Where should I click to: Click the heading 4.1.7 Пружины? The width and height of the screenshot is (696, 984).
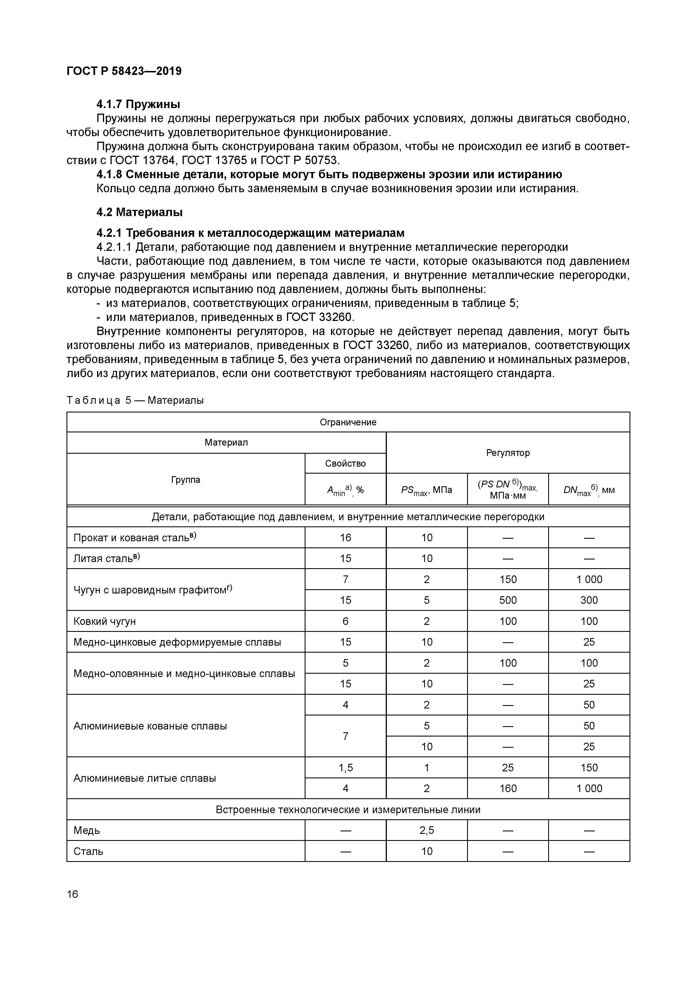(138, 104)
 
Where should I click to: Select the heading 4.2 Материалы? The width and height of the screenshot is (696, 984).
(139, 212)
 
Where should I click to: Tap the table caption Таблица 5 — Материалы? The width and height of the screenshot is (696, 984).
(135, 400)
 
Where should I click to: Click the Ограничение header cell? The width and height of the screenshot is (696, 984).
(348, 422)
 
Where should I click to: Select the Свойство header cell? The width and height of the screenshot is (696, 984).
(345, 463)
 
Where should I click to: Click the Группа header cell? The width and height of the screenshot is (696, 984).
(185, 480)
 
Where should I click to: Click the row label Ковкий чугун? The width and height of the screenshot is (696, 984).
(105, 621)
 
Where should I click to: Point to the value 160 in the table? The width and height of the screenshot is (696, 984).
(507, 788)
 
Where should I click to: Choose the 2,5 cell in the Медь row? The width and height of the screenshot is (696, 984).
(426, 830)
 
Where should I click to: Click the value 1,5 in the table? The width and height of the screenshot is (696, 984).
(345, 768)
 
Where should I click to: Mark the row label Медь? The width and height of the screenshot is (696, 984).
(87, 830)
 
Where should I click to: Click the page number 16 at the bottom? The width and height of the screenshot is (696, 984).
(72, 894)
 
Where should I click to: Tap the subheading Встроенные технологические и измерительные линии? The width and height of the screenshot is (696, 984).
(348, 809)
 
